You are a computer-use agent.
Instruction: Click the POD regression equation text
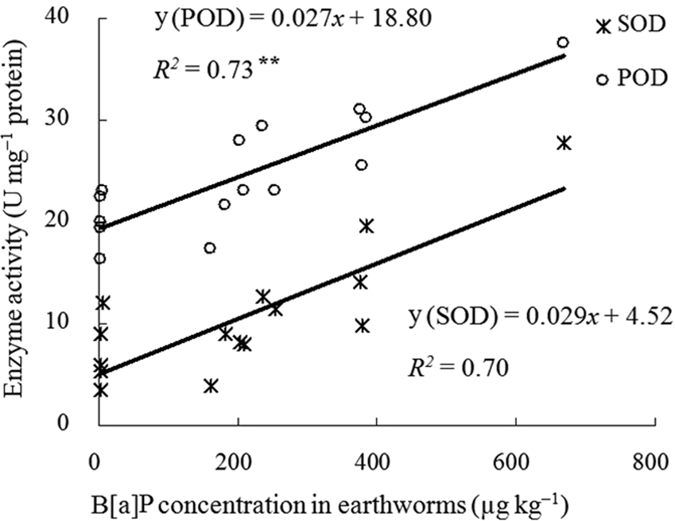click(x=293, y=17)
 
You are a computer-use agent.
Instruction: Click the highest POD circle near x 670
click(x=563, y=42)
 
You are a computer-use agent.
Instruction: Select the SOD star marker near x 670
click(x=564, y=143)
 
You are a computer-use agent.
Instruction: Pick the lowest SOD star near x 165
click(x=211, y=386)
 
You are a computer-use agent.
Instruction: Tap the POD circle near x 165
click(x=210, y=248)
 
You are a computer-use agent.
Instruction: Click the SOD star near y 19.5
click(x=366, y=226)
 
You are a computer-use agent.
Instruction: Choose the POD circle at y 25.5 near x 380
click(x=362, y=165)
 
